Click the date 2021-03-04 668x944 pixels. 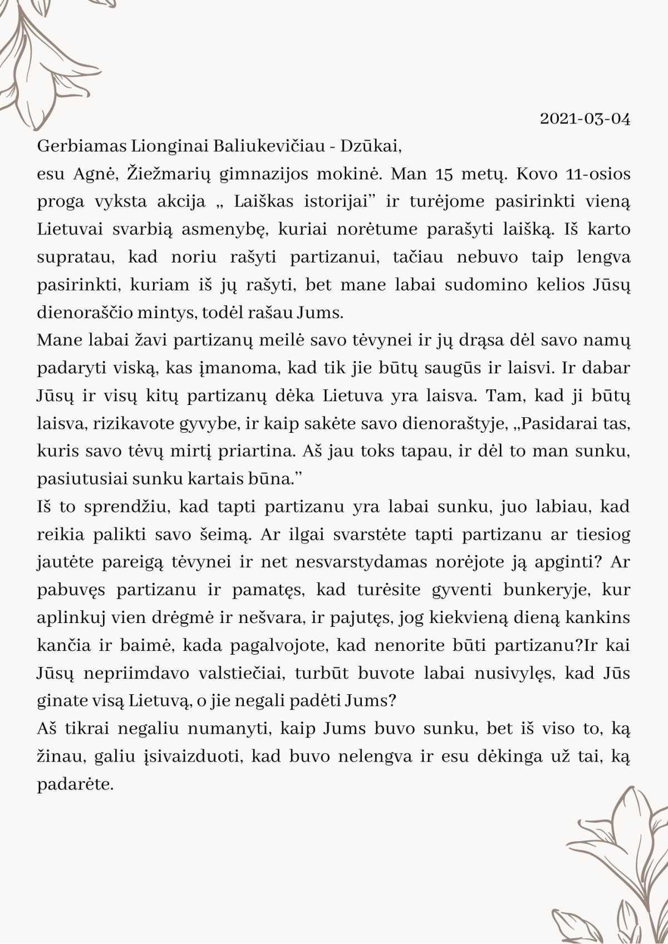click(x=585, y=119)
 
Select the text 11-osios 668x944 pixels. click(x=597, y=174)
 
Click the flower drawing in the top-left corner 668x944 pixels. click(x=45, y=61)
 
